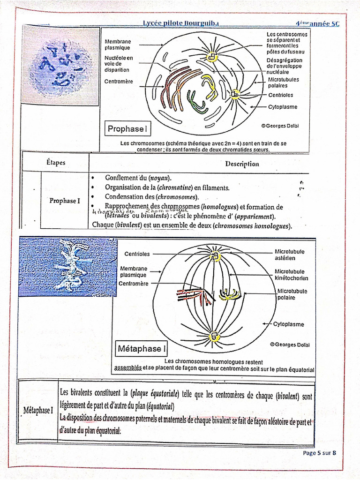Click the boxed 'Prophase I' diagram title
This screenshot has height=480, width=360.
[x=127, y=128]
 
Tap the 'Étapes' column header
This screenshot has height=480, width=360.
[x=56, y=163]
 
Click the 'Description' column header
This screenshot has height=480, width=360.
[x=241, y=164]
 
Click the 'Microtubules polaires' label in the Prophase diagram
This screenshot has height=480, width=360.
[x=283, y=82]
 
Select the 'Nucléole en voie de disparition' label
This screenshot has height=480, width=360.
[x=118, y=64]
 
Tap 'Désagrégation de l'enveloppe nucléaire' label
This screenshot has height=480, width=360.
[x=284, y=66]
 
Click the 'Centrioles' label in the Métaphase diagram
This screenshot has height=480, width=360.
[x=137, y=254]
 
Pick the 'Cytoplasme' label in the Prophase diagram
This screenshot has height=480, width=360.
[x=283, y=107]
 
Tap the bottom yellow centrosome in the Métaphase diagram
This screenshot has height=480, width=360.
[x=215, y=336]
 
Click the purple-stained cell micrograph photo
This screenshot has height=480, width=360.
[x=61, y=66]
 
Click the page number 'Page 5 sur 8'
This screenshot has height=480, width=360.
[x=320, y=453]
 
